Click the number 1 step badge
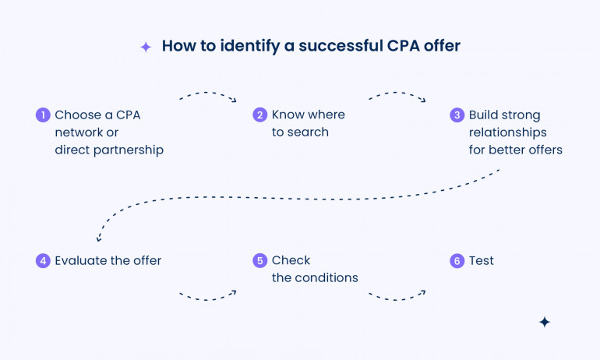[43, 115]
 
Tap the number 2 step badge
[260, 115]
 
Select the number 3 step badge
[457, 115]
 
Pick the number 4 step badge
[43, 261]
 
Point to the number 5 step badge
[260, 261]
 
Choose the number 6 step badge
[457, 261]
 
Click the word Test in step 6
[482, 261]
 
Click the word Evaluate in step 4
[80, 261]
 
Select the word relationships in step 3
[507, 132]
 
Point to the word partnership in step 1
[126, 150]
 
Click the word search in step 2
[309, 132]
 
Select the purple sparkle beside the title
[146, 47]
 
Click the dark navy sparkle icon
[545, 322]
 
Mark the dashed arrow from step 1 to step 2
[207, 95]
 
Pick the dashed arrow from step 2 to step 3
[397, 96]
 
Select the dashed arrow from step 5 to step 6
[397, 296]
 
